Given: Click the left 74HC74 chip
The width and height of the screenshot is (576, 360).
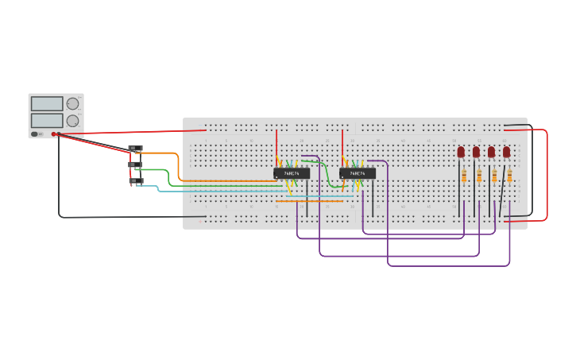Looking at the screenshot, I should pyautogui.click(x=292, y=172).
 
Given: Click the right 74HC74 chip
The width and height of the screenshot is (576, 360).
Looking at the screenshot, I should pyautogui.click(x=358, y=172).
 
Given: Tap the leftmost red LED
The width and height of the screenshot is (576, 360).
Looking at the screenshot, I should pyautogui.click(x=461, y=151).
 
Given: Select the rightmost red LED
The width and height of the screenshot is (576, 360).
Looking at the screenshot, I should pyautogui.click(x=506, y=151).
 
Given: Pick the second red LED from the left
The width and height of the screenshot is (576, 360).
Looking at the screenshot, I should pyautogui.click(x=476, y=151).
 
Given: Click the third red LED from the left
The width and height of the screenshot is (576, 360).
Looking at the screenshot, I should pyautogui.click(x=491, y=151).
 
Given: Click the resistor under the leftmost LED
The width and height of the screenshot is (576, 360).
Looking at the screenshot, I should pyautogui.click(x=464, y=176).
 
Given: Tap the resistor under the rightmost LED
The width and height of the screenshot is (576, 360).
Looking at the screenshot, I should pyautogui.click(x=509, y=176).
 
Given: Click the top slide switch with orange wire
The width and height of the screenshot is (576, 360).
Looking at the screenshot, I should pyautogui.click(x=136, y=149).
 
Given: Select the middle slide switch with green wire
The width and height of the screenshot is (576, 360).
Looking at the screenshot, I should pyautogui.click(x=135, y=165).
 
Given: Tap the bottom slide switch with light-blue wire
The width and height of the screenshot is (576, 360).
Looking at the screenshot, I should pyautogui.click(x=137, y=181).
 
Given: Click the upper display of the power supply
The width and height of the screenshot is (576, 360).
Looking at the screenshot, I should pyautogui.click(x=47, y=103).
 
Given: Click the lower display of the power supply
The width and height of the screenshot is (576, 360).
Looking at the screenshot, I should pyautogui.click(x=47, y=120).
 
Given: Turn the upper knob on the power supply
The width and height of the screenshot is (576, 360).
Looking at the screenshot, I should pyautogui.click(x=72, y=103).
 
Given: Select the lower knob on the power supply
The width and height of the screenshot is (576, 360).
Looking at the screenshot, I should pyautogui.click(x=72, y=121).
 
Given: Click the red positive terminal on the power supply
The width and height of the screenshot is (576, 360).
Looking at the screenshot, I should pyautogui.click(x=54, y=134).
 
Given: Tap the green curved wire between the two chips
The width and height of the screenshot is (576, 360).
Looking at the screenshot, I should pyautogui.click(x=327, y=175).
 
